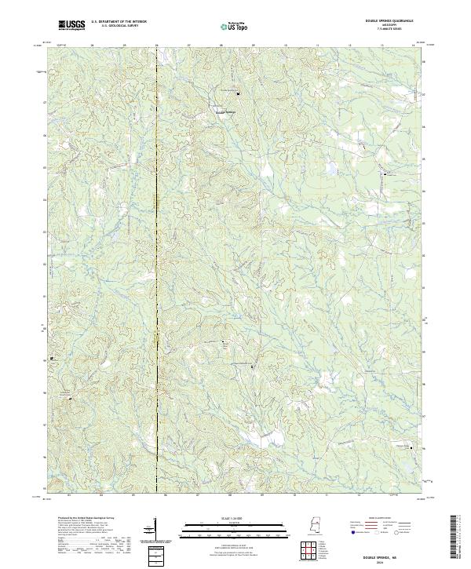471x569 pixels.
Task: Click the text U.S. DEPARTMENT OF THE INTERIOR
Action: pos(119,23)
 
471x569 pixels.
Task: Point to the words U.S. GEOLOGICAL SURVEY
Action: pos(119,27)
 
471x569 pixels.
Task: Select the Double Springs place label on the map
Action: pos(225,110)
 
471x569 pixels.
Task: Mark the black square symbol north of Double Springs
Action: pos(238,93)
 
